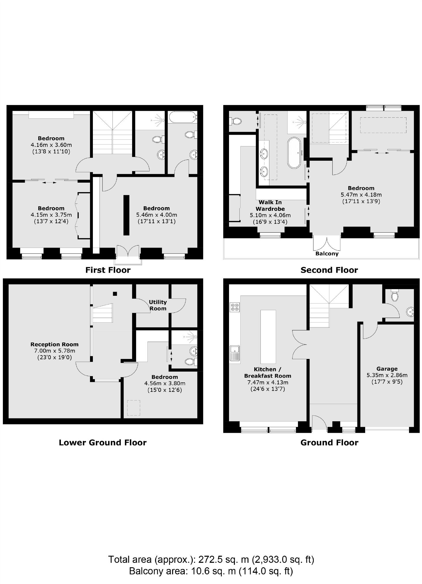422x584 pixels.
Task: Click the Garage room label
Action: tap(387, 368)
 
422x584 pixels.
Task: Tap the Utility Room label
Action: tap(157, 305)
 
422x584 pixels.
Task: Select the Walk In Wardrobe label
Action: tap(270, 205)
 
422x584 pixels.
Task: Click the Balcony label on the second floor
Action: tap(327, 254)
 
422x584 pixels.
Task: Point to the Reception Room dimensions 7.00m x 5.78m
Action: tap(55, 351)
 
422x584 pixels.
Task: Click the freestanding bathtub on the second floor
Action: tap(294, 153)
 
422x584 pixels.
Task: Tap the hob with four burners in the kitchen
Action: tap(235, 307)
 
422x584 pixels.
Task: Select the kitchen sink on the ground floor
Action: tap(235, 353)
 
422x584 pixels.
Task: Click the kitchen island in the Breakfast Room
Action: tap(268, 336)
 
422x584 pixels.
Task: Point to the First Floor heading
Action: tap(108, 270)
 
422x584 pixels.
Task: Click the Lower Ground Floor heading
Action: tap(103, 443)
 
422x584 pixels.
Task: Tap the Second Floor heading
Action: tap(329, 270)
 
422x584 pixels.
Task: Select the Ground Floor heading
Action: tap(329, 443)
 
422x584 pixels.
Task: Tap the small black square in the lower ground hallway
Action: tap(115, 294)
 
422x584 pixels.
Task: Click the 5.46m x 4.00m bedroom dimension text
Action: tap(157, 215)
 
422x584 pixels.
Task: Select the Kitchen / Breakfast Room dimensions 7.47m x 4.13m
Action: tap(267, 382)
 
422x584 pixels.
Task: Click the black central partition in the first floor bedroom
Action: tap(126, 215)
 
